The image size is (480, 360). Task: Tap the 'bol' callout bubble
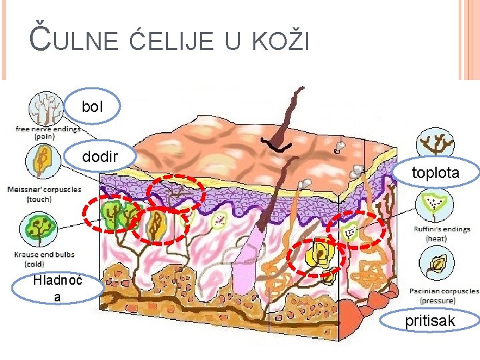tap(93, 106)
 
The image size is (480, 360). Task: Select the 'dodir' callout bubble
tap(100, 157)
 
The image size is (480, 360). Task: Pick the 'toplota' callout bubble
tap(435, 173)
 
